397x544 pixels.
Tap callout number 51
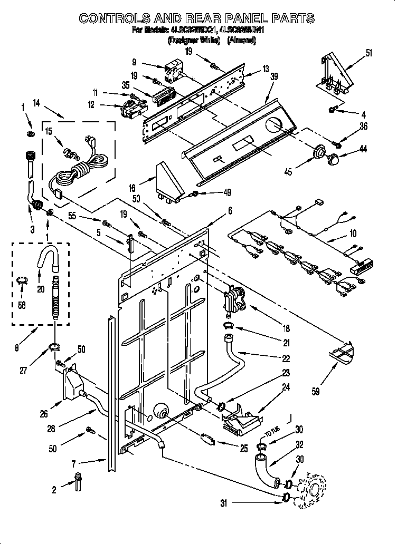coord(369,53)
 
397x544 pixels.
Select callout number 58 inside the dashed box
coord(21,305)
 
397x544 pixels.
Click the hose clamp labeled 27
coord(54,346)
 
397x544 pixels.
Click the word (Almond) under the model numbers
coord(241,41)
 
